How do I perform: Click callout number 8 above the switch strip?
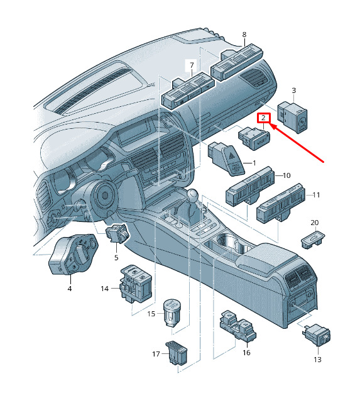point(244,35)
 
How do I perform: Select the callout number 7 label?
point(192,65)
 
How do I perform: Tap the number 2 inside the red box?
point(264,118)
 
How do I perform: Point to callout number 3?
point(294,91)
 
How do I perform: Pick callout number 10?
point(286,175)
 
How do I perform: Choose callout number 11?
point(316,195)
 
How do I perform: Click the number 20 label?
point(315,223)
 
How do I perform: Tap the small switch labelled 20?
point(313,240)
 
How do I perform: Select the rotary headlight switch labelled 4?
point(73,254)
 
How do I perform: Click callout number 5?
point(116,258)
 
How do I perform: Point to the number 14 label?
point(105,289)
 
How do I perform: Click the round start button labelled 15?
point(173,313)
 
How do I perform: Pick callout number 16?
point(246,353)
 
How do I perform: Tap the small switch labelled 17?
point(177,353)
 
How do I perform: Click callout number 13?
point(318,360)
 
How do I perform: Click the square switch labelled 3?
point(292,117)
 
